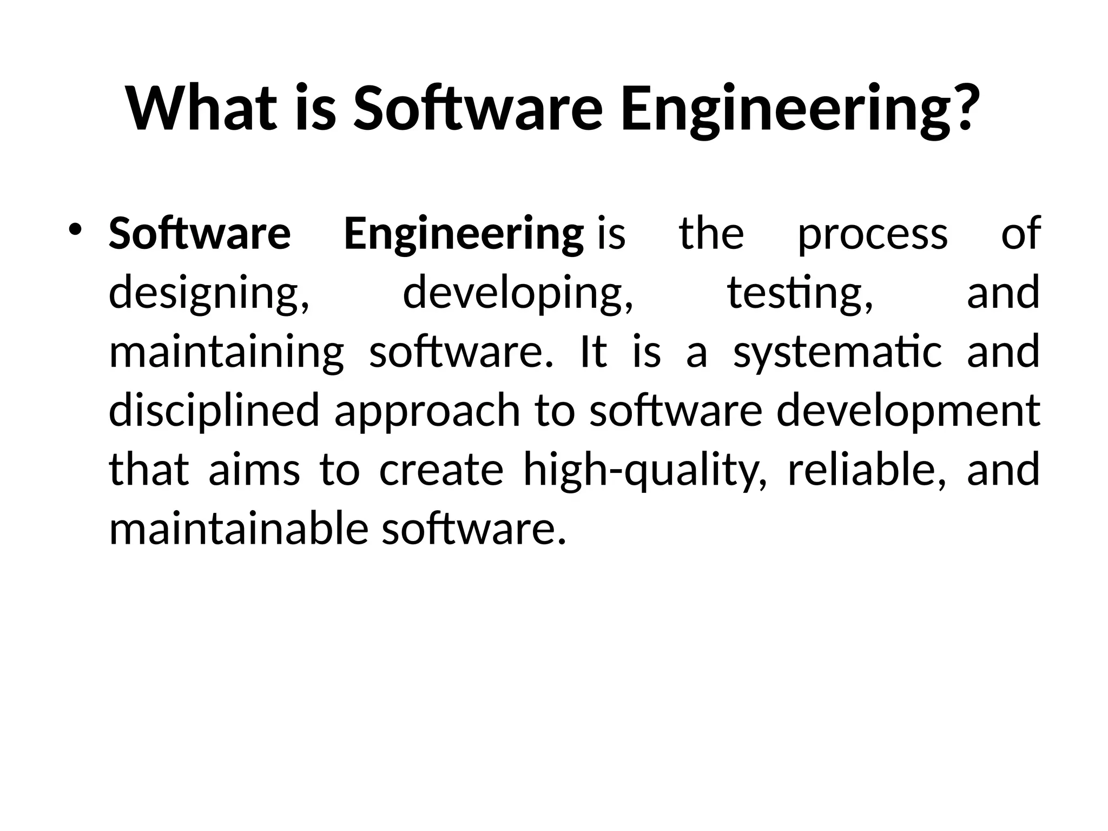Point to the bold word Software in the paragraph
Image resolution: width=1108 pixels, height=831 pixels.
click(x=200, y=234)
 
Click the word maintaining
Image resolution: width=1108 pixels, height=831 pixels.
click(x=226, y=353)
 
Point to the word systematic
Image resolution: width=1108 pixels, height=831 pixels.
click(x=837, y=353)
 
